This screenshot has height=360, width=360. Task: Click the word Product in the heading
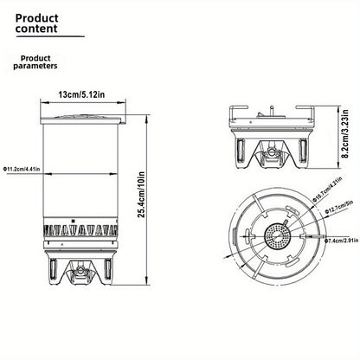(36, 18)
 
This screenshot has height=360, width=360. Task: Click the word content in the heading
(36, 29)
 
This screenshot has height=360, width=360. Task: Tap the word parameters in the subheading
(35, 66)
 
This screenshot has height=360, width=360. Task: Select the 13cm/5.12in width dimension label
(81, 94)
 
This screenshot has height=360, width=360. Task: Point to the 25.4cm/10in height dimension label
(141, 195)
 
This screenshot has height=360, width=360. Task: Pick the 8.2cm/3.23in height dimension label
(344, 134)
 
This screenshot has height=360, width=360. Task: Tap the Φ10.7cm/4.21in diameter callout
(328, 189)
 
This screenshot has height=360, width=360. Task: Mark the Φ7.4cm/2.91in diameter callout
(341, 241)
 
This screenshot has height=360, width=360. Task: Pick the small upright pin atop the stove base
(272, 111)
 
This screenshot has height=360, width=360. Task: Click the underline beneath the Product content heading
(50, 36)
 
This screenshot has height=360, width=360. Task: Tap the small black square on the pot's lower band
(74, 222)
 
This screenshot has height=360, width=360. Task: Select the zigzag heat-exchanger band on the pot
(80, 230)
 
